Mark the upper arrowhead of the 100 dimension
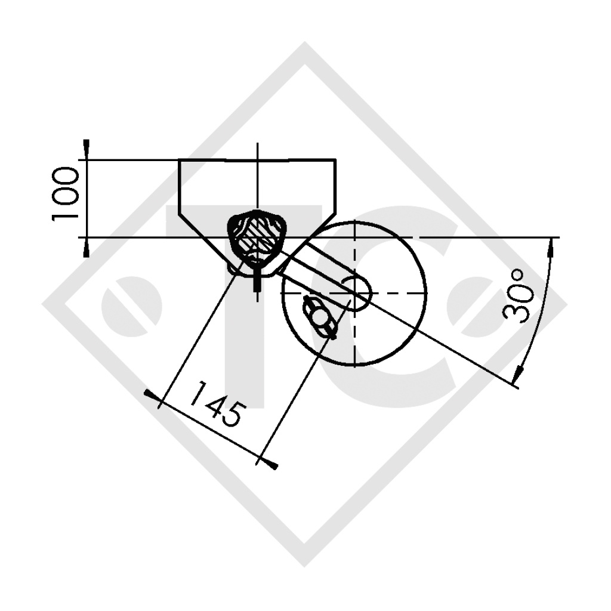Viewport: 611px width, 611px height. pyautogui.click(x=87, y=149)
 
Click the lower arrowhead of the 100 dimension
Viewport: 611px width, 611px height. pyautogui.click(x=87, y=248)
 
